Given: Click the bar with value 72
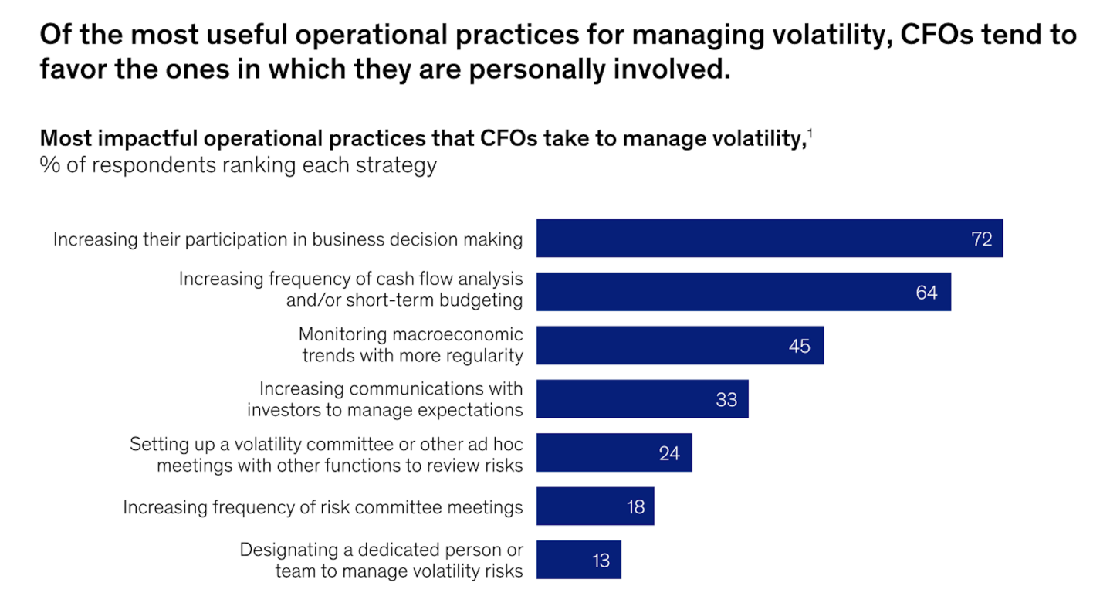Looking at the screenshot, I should pos(769,238).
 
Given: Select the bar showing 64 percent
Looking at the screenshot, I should pos(743,292).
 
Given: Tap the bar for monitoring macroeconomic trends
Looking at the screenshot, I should pos(679,345).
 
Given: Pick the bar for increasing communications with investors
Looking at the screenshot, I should pos(641,398).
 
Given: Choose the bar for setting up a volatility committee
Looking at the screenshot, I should pos(614,452).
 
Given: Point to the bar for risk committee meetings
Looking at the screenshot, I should pos(594,506).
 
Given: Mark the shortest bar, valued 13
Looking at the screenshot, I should pos(578,560).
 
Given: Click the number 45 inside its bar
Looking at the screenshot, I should pos(799,346).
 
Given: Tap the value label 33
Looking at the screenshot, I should pos(726,399).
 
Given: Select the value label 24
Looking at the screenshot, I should pos(668,453).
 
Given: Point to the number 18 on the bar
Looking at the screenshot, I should pos(635,506).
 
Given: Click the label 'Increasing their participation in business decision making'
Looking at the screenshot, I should pos(287,239).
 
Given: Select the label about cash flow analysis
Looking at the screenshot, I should pos(350,289).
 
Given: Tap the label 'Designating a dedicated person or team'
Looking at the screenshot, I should pos(381,561).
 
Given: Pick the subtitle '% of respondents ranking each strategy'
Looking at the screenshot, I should pos(238,165).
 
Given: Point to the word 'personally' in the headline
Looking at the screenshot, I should pos(526,69).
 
